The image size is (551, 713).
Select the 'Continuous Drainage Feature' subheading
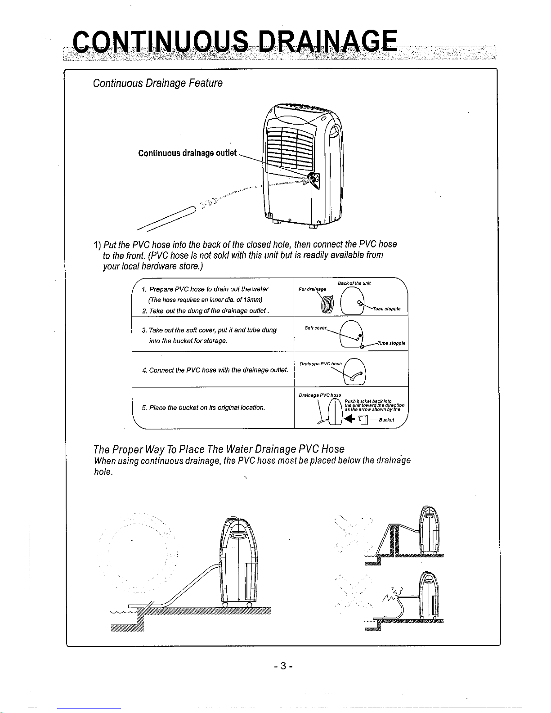[157, 83]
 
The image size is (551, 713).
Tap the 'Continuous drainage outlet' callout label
[187, 153]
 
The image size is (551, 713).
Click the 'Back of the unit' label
[354, 283]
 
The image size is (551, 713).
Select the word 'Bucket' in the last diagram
[386, 420]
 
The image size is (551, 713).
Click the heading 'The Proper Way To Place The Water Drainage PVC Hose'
[219, 449]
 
